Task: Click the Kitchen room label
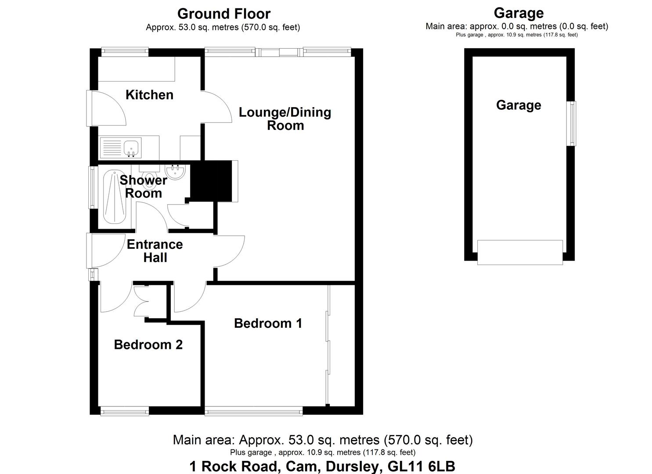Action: click(149, 95)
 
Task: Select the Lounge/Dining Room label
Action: click(285, 118)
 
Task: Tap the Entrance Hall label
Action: click(155, 251)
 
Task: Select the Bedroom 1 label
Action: click(268, 323)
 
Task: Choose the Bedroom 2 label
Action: click(148, 345)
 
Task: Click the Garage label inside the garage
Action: click(519, 105)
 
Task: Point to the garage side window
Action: click(572, 123)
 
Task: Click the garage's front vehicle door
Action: click(520, 252)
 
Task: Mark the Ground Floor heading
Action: click(223, 14)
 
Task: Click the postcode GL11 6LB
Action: click(421, 466)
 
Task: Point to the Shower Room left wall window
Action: click(92, 187)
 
